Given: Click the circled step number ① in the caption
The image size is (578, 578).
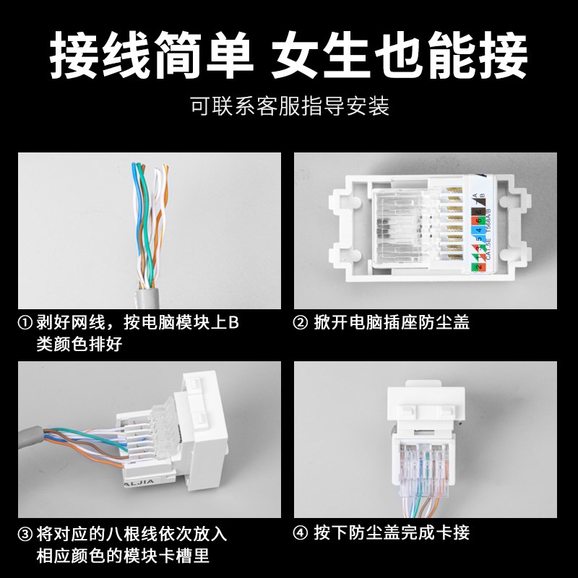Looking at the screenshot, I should pyautogui.click(x=26, y=323).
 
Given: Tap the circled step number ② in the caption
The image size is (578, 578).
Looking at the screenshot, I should pyautogui.click(x=301, y=323).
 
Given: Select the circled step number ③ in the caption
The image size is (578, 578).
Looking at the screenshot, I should pyautogui.click(x=26, y=535).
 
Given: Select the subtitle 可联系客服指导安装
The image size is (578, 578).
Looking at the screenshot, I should pyautogui.click(x=289, y=107).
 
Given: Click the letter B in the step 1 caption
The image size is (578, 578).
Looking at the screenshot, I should pyautogui.click(x=233, y=323).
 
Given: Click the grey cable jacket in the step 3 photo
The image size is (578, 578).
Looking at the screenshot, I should pyautogui.click(x=33, y=433).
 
